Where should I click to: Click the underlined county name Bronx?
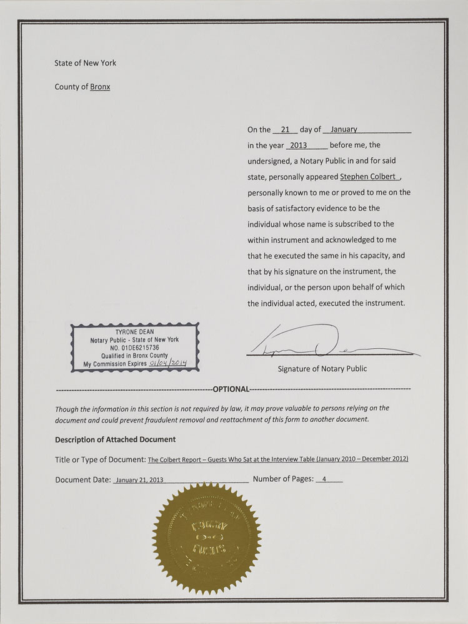[x=100, y=87]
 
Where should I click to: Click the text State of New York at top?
[x=85, y=63]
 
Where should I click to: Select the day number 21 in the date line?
[x=286, y=130]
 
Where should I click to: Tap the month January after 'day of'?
[x=344, y=129]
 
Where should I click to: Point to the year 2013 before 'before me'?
[x=299, y=145]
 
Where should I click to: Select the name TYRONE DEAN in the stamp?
[x=135, y=331]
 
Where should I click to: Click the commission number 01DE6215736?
[x=135, y=347]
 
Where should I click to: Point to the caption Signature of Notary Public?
[x=322, y=369]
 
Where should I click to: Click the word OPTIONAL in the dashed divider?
[x=231, y=389]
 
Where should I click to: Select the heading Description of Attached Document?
[x=115, y=439]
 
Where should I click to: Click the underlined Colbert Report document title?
[x=278, y=460]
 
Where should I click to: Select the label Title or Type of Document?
[x=100, y=460]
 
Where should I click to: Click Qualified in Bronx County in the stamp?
[x=135, y=354]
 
